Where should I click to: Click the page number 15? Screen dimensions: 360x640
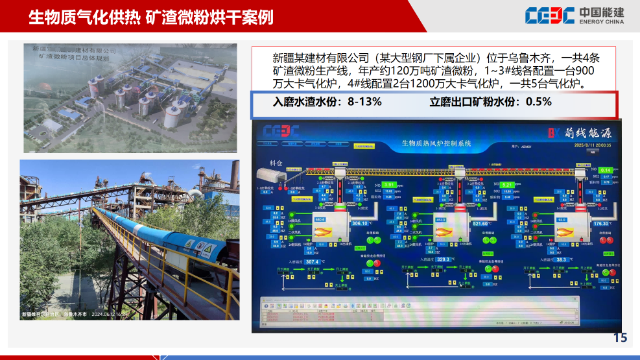point(620,338)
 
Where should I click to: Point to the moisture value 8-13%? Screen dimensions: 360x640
point(364,102)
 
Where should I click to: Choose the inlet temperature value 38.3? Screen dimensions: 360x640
point(562,259)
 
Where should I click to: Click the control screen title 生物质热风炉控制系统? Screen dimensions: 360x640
point(436,143)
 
